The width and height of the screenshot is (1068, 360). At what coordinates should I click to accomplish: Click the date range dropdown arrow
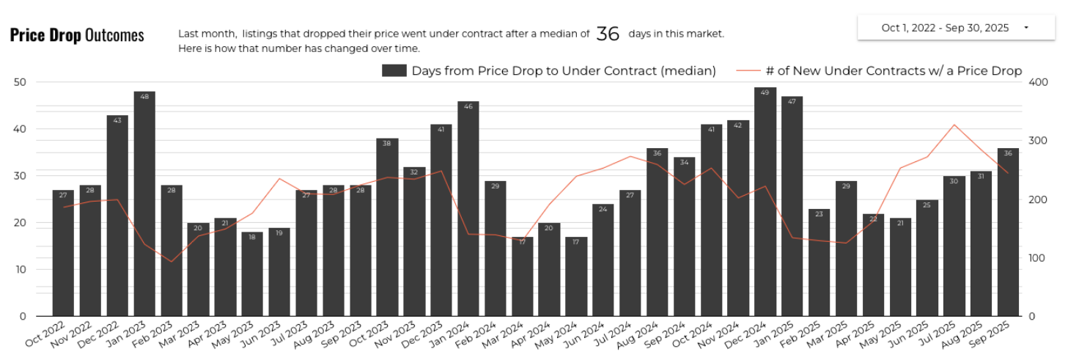(1025, 28)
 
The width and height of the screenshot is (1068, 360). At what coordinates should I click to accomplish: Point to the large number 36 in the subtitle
(608, 34)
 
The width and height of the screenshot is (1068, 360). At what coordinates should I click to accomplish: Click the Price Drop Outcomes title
(77, 35)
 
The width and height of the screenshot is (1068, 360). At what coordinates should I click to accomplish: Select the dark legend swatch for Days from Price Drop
(394, 70)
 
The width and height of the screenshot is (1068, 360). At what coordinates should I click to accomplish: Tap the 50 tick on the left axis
(20, 82)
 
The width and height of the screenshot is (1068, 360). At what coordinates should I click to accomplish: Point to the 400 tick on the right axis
(1040, 82)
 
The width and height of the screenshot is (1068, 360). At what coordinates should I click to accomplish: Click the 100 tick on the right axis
(1040, 258)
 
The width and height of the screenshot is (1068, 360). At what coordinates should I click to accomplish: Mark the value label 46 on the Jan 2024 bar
(468, 107)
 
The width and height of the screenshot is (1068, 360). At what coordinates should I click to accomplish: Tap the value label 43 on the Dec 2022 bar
(117, 121)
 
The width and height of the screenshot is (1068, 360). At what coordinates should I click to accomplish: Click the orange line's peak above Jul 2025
(954, 125)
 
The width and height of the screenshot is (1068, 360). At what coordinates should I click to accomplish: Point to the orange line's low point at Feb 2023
(172, 262)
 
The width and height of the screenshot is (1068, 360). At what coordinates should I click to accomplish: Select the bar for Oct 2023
(387, 227)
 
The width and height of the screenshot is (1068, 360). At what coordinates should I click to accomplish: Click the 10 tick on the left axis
(20, 270)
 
